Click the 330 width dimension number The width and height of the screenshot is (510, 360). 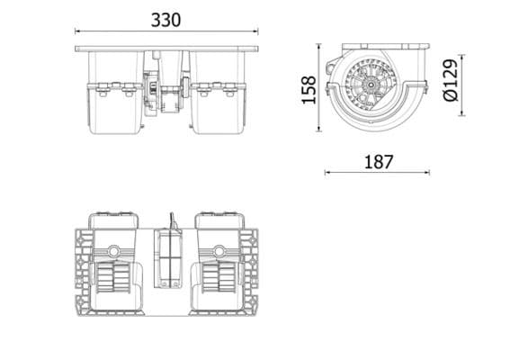166,16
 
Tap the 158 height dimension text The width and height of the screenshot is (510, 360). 309,89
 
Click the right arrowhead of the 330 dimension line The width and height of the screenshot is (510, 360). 259,31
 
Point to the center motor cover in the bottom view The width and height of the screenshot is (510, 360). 168,261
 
